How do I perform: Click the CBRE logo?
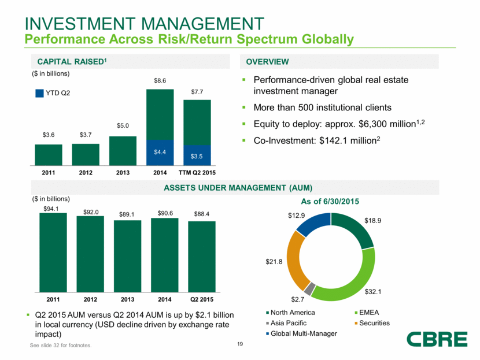click(436, 339)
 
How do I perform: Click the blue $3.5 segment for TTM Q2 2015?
click(197, 155)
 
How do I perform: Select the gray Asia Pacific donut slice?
click(311, 288)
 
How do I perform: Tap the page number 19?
click(239, 346)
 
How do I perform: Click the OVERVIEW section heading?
click(267, 62)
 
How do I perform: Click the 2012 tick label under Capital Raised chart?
click(86, 172)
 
